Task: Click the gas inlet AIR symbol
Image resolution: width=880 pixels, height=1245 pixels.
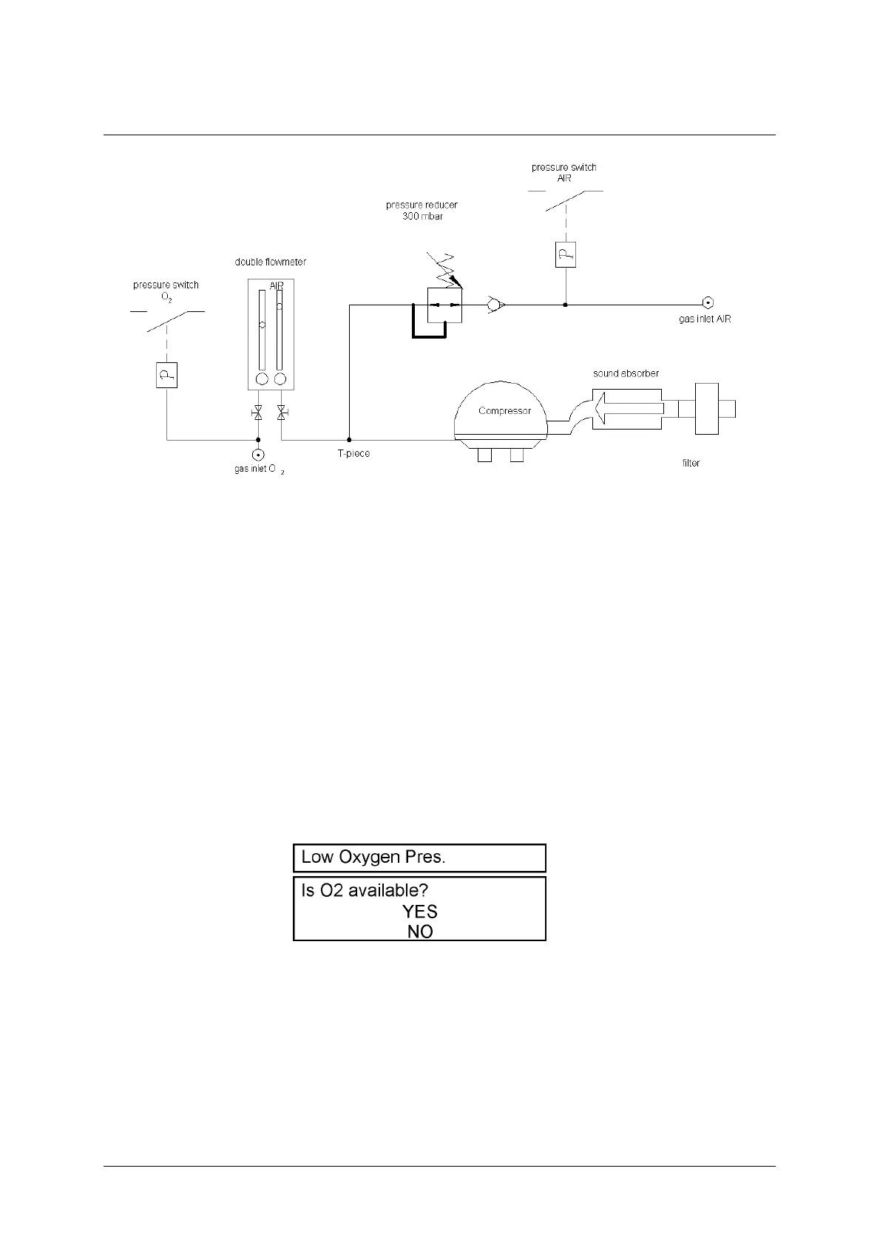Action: click(x=708, y=302)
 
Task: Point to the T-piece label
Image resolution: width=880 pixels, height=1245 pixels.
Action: click(x=353, y=453)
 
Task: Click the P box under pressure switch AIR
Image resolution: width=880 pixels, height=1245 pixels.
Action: click(x=566, y=255)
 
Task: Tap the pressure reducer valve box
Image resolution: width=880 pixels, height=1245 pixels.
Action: click(x=444, y=305)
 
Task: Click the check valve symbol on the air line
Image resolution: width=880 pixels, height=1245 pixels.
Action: click(x=495, y=303)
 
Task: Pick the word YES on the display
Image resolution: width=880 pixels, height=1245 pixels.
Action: click(x=420, y=912)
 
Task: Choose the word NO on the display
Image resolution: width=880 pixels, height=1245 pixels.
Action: click(x=420, y=932)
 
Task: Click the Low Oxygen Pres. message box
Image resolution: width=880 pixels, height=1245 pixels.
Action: click(x=419, y=858)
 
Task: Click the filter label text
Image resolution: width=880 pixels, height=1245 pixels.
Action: click(x=691, y=464)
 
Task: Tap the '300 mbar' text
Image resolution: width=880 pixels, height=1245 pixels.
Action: click(x=423, y=217)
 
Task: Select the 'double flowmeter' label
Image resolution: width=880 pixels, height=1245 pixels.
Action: click(x=271, y=262)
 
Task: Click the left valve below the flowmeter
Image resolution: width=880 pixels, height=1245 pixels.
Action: click(x=257, y=413)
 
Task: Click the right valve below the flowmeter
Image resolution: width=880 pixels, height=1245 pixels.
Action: click(x=281, y=413)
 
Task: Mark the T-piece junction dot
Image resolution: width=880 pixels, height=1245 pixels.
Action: click(x=349, y=440)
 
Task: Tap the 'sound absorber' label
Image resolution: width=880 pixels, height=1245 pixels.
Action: click(x=626, y=373)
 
